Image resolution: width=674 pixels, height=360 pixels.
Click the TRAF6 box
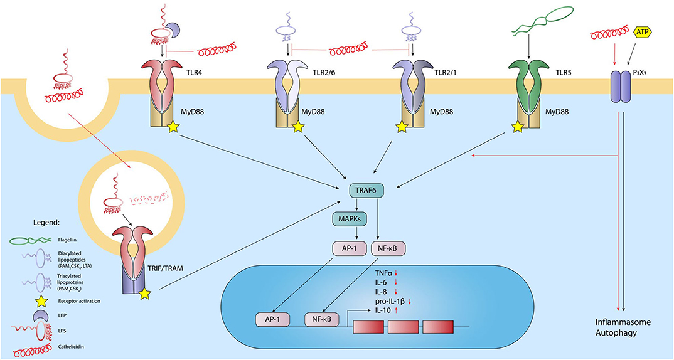(x=366, y=191)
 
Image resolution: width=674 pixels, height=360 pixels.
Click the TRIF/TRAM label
(x=165, y=268)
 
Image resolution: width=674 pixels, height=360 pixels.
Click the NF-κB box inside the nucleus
(x=321, y=319)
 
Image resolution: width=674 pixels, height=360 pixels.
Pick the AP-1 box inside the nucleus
(x=272, y=319)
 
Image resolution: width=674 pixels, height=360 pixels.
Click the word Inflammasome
(x=623, y=322)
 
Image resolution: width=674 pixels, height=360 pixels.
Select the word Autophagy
(x=616, y=333)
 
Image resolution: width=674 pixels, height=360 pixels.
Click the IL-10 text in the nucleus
(x=383, y=310)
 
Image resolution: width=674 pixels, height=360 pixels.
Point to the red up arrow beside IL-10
(x=395, y=310)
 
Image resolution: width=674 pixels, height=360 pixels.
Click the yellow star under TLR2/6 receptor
(x=299, y=127)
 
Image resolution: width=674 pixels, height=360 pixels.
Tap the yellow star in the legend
(x=39, y=301)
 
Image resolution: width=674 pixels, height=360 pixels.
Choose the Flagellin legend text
(x=68, y=240)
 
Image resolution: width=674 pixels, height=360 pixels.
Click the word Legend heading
(x=46, y=223)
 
